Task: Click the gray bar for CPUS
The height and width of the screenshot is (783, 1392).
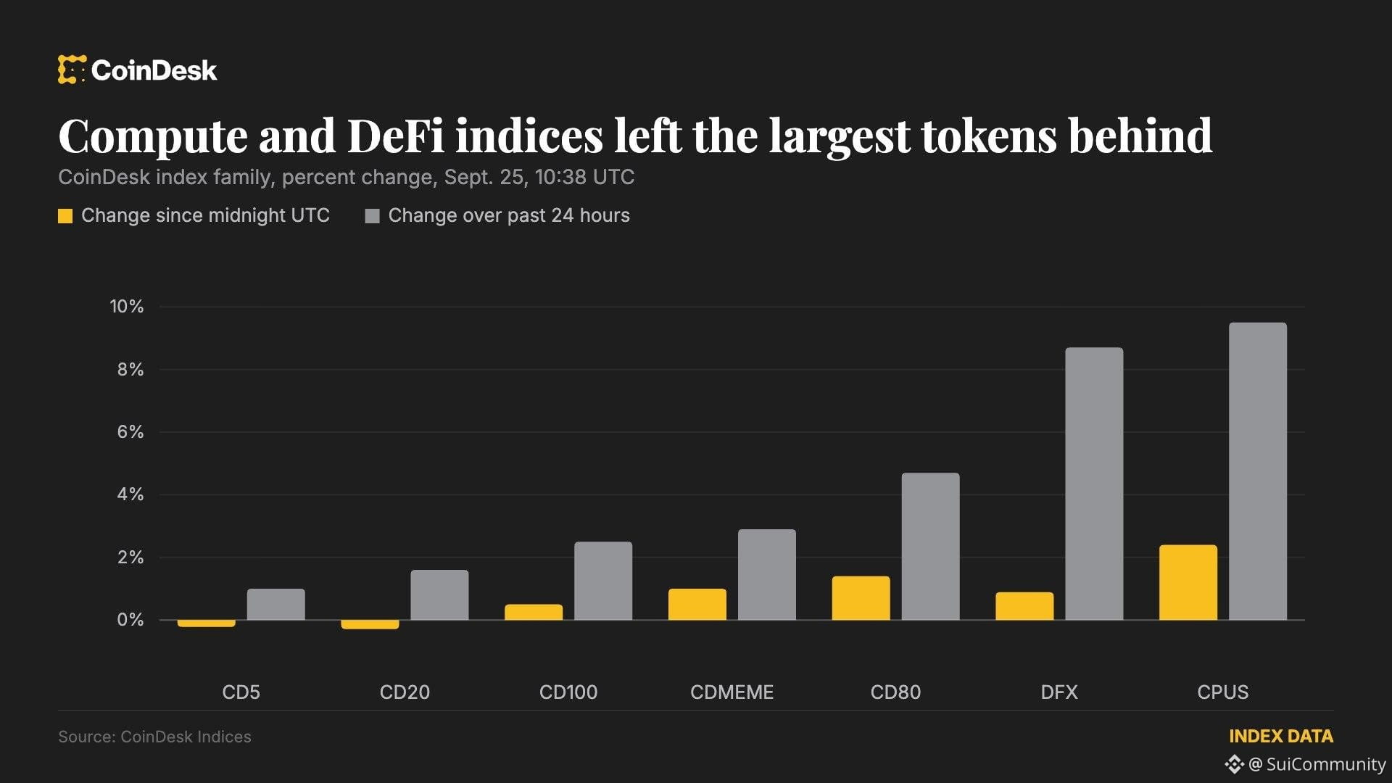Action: pos(1258,471)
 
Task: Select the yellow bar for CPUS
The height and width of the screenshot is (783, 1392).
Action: pos(1188,582)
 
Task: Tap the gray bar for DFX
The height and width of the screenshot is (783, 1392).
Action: pos(1094,484)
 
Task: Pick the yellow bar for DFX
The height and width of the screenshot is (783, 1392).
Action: pos(1024,606)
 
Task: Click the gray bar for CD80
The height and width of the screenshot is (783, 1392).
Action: pos(930,547)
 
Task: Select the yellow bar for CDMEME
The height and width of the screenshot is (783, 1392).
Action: pos(697,604)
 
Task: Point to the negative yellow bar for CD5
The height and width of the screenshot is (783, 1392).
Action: pos(207,623)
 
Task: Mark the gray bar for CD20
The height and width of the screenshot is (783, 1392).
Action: pos(439,595)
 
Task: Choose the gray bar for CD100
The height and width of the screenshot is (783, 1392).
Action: pos(603,581)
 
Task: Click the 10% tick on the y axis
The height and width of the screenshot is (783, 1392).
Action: pos(127,307)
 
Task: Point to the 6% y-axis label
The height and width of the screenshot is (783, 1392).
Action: pos(130,432)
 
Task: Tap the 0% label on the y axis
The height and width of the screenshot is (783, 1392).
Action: pos(130,620)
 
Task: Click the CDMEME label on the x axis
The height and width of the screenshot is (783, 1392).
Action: pos(732,692)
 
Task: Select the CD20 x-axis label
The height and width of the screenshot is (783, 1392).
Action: pos(405,692)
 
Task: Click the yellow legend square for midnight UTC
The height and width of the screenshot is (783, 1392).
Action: pos(65,216)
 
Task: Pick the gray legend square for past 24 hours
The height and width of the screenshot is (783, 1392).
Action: pos(372,216)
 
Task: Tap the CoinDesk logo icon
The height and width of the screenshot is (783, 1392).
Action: pos(72,70)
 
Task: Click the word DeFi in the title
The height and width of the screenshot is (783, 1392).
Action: pos(396,136)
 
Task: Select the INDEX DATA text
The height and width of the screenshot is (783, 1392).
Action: pos(1281,737)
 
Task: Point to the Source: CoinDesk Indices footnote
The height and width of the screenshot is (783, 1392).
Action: pos(154,737)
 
